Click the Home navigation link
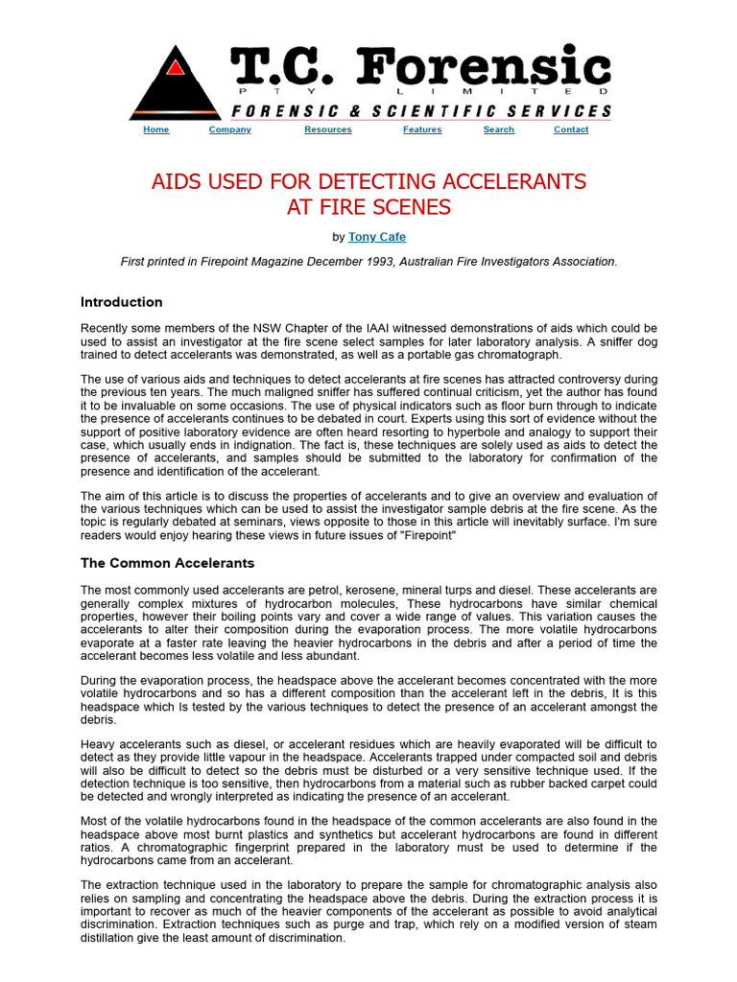click(x=155, y=129)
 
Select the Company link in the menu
click(x=229, y=129)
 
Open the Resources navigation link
click(x=327, y=129)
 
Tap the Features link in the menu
click(x=422, y=129)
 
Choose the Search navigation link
click(x=498, y=129)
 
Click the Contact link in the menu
click(x=571, y=129)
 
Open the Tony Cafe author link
click(x=376, y=236)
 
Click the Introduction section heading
click(x=121, y=302)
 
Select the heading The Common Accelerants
click(x=167, y=563)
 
